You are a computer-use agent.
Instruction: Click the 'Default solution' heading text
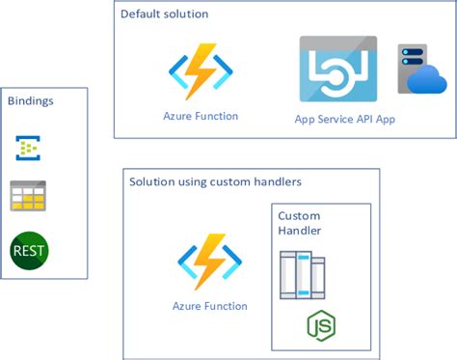pos(164,15)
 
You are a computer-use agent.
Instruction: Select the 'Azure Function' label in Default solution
pos(201,116)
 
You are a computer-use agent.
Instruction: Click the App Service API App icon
pos(337,69)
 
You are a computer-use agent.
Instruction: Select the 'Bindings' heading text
pos(31,100)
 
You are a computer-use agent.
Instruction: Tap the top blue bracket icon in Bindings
pos(28,148)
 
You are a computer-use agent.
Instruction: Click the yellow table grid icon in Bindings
pos(28,196)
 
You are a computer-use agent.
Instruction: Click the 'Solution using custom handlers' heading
pos(215,182)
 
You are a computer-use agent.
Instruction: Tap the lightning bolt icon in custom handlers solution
pos(208,263)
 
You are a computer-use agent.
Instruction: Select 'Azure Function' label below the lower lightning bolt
pos(209,306)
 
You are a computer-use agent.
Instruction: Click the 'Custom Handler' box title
pos(299,223)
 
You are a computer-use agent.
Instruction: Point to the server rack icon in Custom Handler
pos(301,275)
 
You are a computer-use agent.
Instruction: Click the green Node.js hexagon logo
pos(321,326)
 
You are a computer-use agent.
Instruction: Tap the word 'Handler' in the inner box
pos(299,231)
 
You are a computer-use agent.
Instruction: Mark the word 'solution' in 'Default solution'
pos(186,15)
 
